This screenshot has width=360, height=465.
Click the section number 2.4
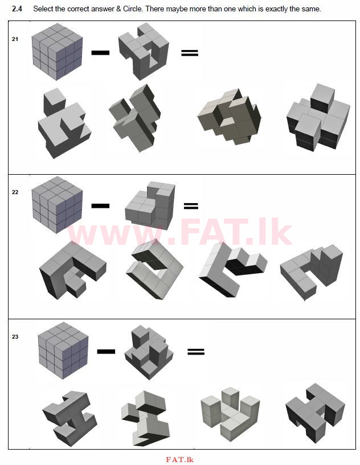tap(17, 9)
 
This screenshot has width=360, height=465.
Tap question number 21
tap(15, 39)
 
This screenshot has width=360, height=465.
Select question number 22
tap(15, 192)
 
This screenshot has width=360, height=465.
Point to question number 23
tap(15, 336)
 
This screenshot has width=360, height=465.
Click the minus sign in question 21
tap(100, 53)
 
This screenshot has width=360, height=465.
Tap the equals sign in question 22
tap(191, 206)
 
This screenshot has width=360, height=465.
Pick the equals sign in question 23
tap(196, 352)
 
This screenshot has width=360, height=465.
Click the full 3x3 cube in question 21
tap(57, 52)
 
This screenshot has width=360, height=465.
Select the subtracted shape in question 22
tap(150, 205)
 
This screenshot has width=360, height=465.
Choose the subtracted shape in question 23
tap(149, 352)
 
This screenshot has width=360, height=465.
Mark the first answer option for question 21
tap(64, 123)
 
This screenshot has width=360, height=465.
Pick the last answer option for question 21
tap(318, 117)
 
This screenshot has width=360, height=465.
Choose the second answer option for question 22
tap(154, 269)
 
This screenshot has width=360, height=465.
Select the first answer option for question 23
tap(69, 418)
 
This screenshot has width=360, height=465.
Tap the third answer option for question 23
tap(230, 414)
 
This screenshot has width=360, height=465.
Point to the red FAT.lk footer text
tap(180, 460)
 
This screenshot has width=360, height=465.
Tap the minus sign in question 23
tap(106, 352)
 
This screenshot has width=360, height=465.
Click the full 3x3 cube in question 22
tap(57, 205)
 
